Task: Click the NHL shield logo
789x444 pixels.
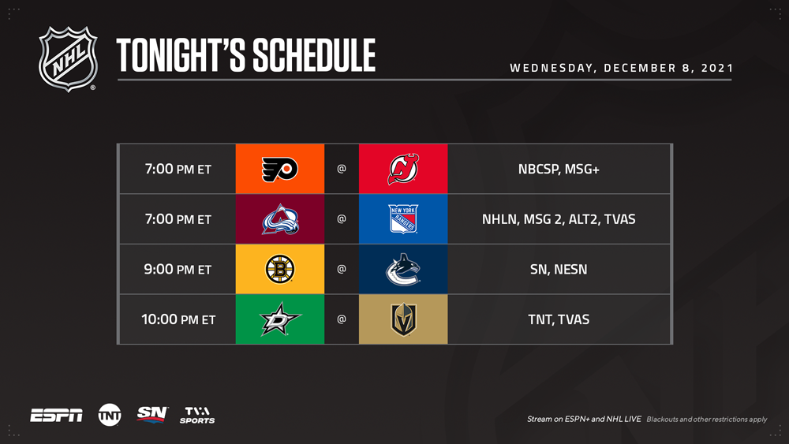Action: point(68,59)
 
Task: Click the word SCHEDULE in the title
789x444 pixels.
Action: point(314,55)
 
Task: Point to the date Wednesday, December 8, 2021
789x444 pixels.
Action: point(622,68)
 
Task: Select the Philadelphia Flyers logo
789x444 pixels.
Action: point(280,169)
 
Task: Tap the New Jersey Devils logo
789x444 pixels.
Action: point(403,169)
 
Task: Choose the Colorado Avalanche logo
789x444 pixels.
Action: point(280,219)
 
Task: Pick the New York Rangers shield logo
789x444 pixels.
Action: point(403,218)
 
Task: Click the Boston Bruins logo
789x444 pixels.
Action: point(280,269)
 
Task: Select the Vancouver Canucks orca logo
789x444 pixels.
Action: point(402,270)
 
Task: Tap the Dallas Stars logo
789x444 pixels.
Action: point(280,319)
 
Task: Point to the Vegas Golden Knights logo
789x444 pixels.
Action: point(403,319)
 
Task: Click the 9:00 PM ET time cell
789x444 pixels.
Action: point(178,269)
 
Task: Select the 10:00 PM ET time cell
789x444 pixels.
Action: point(178,319)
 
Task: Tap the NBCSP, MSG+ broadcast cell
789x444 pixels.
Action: point(559,169)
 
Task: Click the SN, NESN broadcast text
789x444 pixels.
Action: point(559,270)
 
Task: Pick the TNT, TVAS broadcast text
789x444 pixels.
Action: point(559,319)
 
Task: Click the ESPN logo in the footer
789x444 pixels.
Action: point(56,416)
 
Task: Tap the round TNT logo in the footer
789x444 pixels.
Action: point(110,415)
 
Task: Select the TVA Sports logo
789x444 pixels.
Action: point(197,415)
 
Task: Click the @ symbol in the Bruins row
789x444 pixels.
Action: point(341,269)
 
